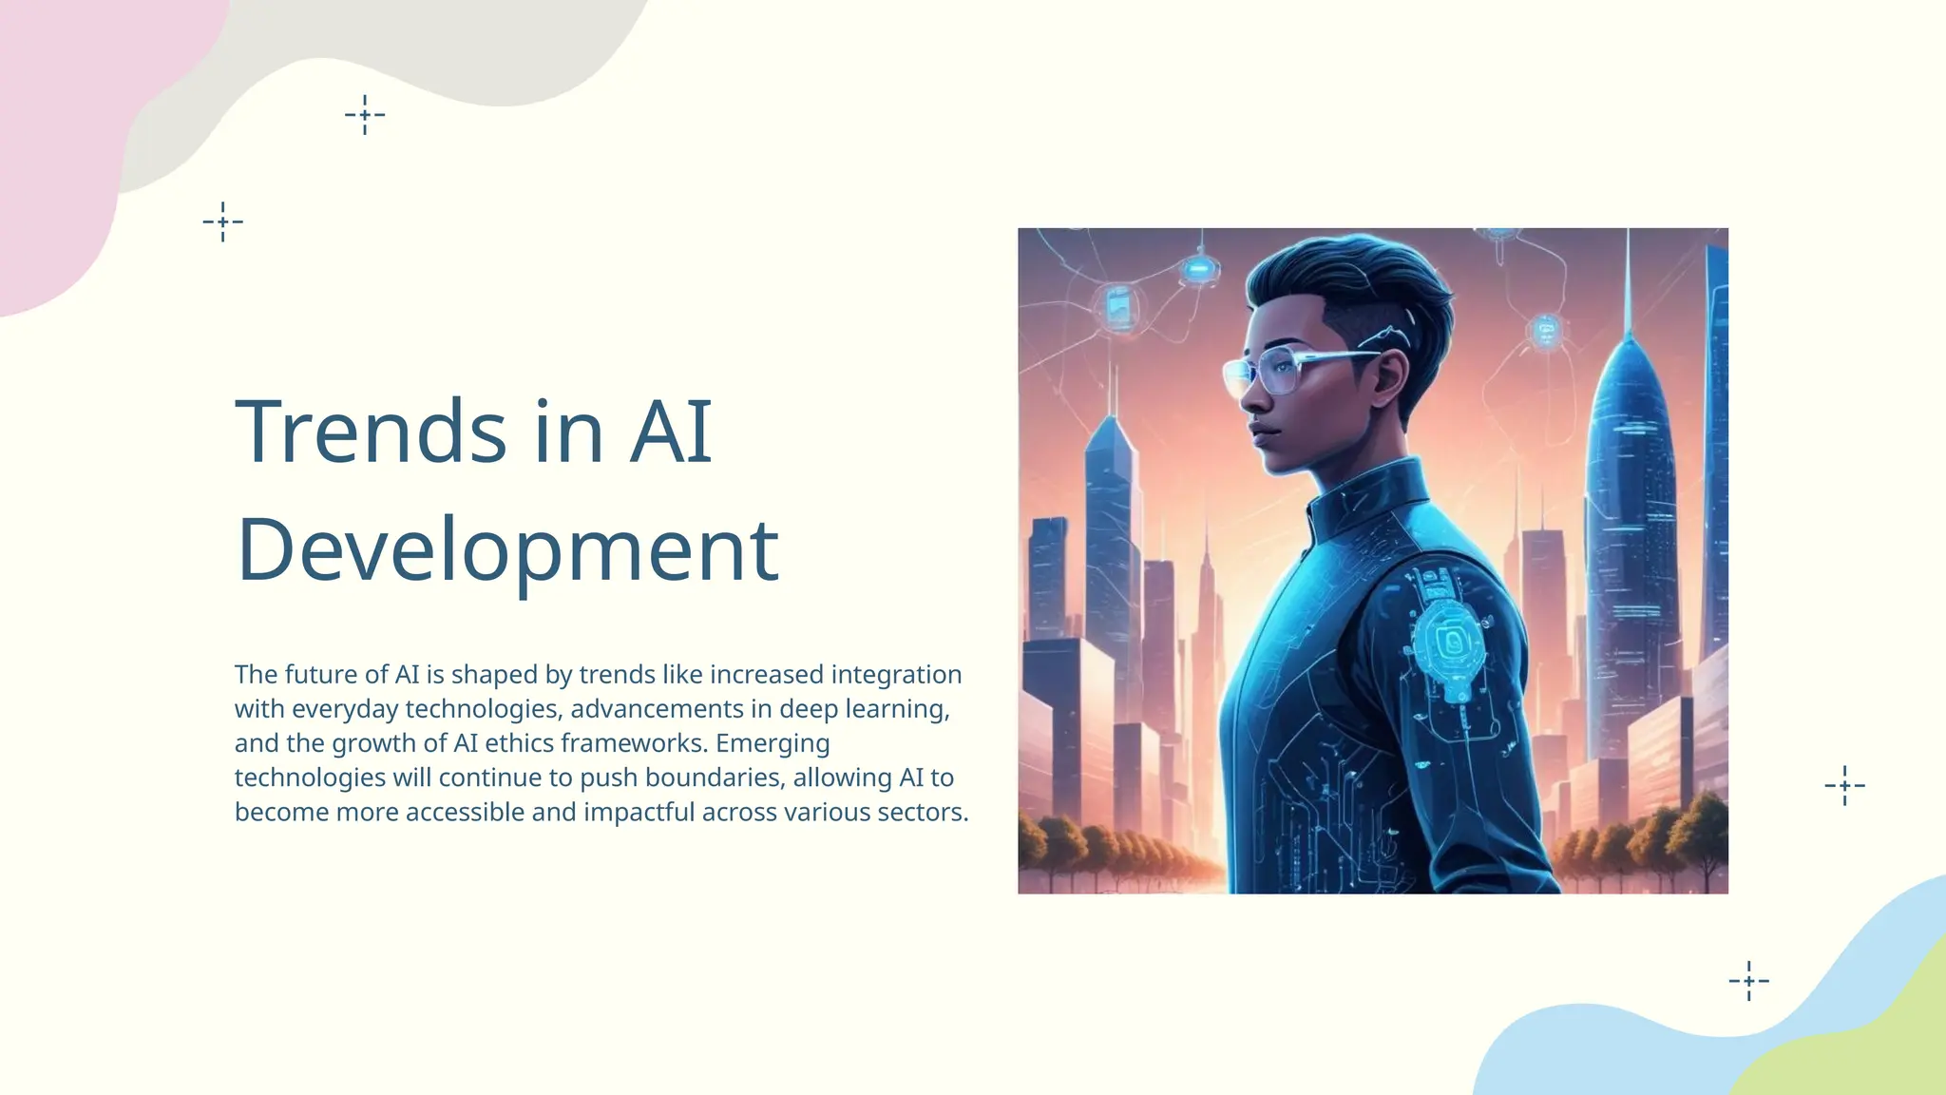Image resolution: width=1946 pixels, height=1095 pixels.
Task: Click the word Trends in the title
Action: click(371, 432)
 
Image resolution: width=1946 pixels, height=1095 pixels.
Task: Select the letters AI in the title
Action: click(671, 432)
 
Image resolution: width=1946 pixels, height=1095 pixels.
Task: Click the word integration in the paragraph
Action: click(896, 675)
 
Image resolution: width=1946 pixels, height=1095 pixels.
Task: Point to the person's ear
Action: click(1389, 374)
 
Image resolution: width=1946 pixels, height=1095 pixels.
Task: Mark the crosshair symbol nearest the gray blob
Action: click(365, 115)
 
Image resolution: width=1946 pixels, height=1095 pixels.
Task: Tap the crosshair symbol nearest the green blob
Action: click(1748, 981)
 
